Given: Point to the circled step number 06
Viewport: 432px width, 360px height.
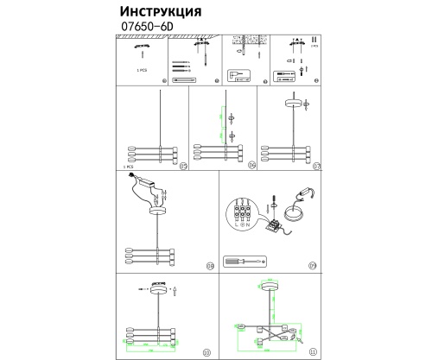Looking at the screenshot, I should coord(251,166).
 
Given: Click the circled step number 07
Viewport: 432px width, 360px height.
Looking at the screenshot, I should coord(316,166).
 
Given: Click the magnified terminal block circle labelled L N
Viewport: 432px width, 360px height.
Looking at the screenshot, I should coord(245,211).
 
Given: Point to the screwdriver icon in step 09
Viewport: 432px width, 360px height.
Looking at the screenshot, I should coord(245,260).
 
